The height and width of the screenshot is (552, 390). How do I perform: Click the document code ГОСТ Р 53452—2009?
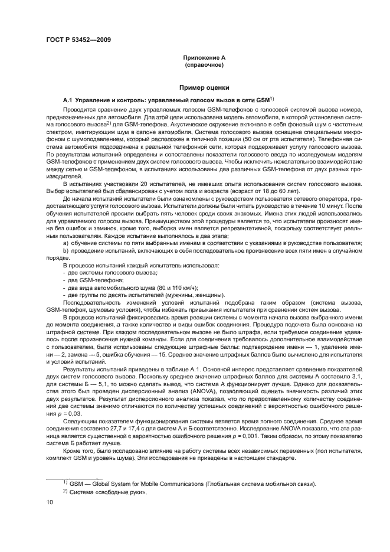[x=78, y=40]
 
